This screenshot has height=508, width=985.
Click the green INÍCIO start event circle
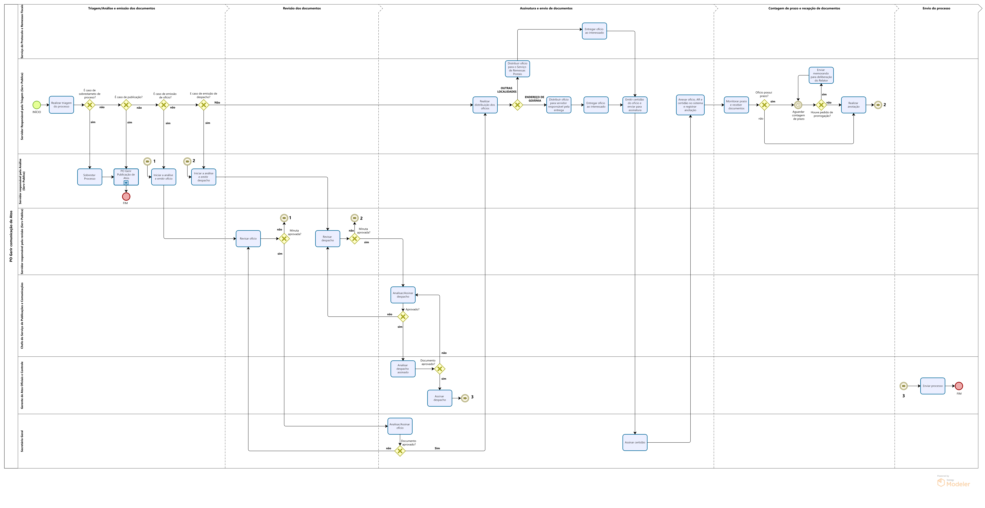37,105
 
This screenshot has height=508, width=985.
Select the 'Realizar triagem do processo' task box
61,105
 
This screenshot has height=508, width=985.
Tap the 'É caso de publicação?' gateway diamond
126,105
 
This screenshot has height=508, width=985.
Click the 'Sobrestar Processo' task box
89,177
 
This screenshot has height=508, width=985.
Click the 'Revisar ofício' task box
248,239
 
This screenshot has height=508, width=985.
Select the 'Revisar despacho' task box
327,239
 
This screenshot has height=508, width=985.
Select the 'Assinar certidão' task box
635,442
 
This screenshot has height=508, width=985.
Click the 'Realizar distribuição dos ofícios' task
485,105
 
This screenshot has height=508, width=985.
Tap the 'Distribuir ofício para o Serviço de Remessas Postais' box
517,69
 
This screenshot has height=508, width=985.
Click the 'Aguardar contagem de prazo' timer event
798,105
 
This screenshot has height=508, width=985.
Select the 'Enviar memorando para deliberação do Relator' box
821,75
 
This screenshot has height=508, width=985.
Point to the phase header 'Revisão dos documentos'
302,8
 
